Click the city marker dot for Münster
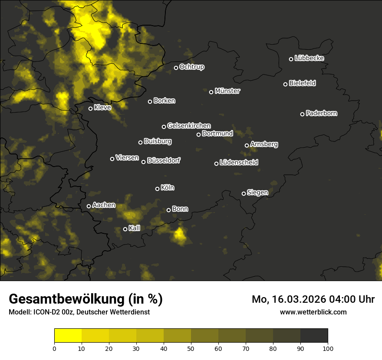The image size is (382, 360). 211,92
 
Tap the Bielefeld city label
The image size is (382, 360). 302,83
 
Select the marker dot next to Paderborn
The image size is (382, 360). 303,114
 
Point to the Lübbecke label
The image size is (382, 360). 309,58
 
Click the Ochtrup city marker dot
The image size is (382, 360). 176,68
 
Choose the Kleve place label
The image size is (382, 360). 102,108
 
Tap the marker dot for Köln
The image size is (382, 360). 158,189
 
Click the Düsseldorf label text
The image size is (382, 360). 164,160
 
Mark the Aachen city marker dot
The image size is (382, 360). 89,206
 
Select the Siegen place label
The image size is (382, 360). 257,193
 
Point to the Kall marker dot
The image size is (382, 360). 125,229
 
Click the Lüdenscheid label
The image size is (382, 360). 239,163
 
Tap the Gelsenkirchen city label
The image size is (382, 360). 189,126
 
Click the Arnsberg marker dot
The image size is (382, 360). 247,145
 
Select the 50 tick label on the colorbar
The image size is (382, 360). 191,348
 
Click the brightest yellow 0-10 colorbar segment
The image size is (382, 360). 68,336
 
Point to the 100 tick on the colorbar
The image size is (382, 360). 328,348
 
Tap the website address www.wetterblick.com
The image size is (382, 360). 313,312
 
